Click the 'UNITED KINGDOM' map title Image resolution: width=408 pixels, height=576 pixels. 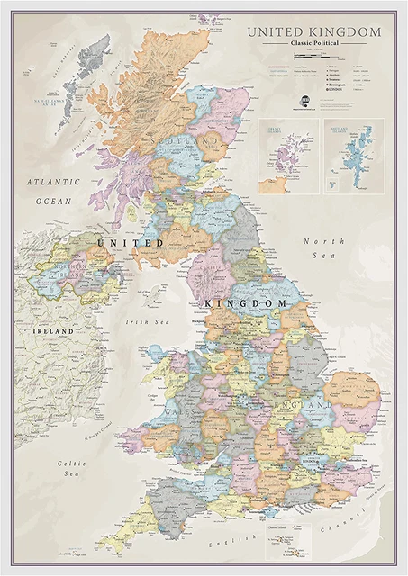314,32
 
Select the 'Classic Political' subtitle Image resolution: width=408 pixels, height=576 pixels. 314,44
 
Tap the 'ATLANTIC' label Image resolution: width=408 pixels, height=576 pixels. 53,181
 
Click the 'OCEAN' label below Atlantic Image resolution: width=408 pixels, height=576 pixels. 53,202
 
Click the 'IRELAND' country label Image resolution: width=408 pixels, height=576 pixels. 36,331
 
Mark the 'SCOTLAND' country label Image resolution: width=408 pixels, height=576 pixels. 186,143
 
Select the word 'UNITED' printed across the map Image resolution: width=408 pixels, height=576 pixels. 131,243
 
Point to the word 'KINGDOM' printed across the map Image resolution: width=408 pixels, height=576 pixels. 247,304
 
